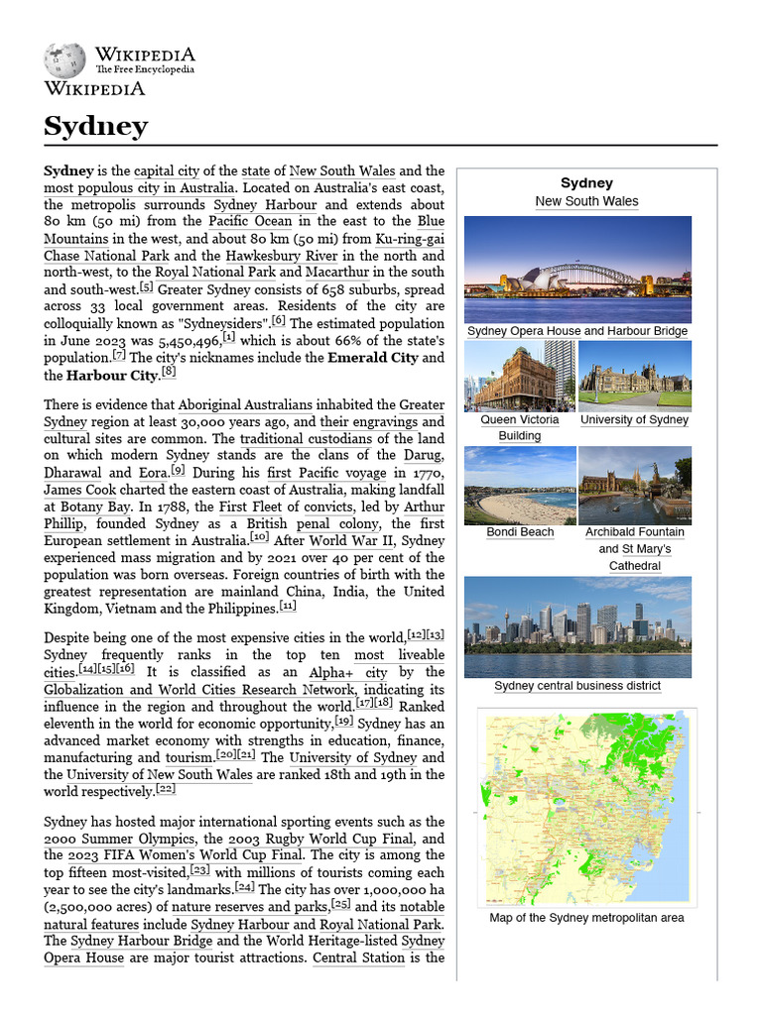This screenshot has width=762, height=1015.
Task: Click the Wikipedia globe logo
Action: coord(64,60)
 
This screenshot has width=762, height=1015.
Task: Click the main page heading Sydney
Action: coord(95,127)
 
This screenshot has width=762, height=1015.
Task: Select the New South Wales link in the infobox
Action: coord(586,201)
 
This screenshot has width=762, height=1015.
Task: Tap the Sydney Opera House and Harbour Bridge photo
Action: coord(577,269)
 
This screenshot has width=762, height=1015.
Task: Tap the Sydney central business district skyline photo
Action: coord(577,626)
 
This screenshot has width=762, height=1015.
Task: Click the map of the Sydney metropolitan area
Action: coord(586,807)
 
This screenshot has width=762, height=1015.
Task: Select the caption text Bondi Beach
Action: coord(520,532)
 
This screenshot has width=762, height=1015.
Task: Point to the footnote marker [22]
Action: coord(166,790)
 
